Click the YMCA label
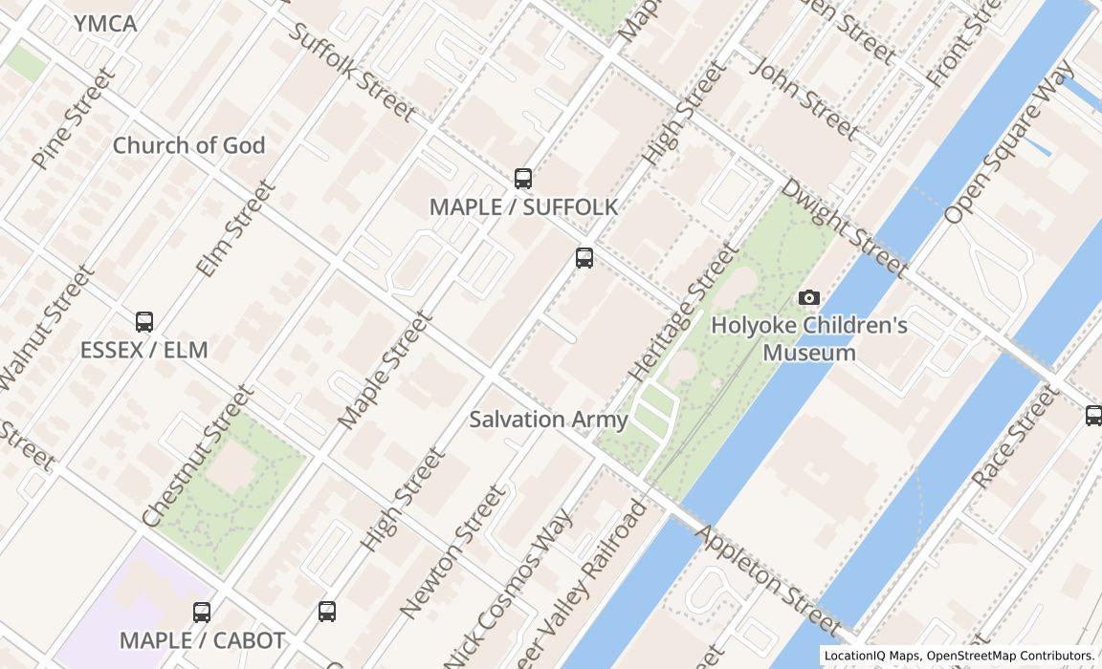[105, 24]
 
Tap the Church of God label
[188, 146]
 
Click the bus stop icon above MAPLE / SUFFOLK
[523, 179]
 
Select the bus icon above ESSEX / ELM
[144, 322]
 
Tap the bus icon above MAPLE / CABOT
[202, 613]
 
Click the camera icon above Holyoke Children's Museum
[809, 298]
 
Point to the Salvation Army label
[548, 420]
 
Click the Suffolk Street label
[351, 72]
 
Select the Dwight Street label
[843, 227]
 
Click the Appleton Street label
[768, 580]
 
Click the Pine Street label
[73, 119]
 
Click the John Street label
[804, 97]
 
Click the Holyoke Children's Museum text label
[809, 339]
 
